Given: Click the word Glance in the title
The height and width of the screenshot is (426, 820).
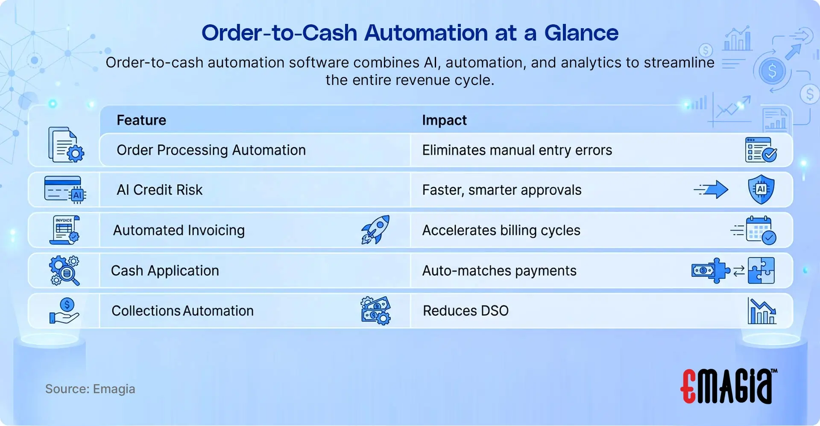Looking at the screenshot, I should pos(581,33).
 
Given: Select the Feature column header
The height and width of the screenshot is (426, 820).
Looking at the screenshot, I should pos(141,120).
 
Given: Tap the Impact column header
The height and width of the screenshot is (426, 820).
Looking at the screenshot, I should pos(444,120).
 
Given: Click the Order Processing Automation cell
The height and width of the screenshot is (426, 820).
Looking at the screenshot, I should pos(211,150).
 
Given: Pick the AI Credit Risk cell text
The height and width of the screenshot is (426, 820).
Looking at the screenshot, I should pos(159,190).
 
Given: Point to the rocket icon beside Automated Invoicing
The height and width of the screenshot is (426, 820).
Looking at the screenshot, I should pos(375,230).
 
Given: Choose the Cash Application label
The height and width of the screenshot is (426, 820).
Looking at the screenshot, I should pos(165,271).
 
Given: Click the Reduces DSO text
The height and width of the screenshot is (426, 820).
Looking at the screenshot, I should pos(466,311).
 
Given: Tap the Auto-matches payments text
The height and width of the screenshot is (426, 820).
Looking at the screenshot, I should pos(499,271).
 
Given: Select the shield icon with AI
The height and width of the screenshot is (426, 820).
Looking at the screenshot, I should pos(761,189).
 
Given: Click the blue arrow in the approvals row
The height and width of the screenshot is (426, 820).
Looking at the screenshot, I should pos(712,189).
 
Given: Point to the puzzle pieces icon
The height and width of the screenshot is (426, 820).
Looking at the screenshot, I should pos(761,271).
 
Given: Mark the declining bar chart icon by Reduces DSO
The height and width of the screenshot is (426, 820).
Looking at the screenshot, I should pos(761,311).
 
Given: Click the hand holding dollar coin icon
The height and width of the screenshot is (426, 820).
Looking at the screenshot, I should pos(64,311).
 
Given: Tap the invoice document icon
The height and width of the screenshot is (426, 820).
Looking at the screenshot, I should pos(64,230).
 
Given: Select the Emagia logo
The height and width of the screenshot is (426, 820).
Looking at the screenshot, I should pos(728,386).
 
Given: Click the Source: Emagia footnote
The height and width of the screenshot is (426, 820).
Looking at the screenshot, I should pos(90,389).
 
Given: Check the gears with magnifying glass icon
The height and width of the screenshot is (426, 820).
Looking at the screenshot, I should pos(64,271).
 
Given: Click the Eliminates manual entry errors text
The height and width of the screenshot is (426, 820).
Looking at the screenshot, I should pos(517,150).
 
